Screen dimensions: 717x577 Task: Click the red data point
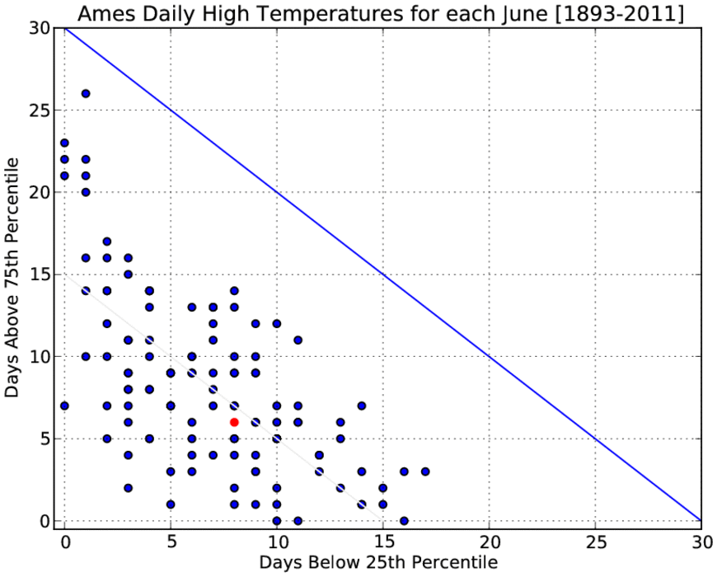coord(234,422)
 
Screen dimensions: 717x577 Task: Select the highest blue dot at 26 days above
coord(86,94)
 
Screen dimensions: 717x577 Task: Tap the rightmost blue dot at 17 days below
coord(425,471)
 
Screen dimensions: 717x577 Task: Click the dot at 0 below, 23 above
coord(64,143)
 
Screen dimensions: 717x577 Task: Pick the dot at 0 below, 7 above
coord(64,406)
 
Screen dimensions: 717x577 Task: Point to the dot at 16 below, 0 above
coord(404,521)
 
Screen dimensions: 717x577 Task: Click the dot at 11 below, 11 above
coord(298,340)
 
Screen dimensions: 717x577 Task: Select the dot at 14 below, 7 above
coord(362,406)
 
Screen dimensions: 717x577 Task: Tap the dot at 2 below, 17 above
coord(107,242)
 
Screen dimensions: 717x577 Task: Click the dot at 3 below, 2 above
coord(128,488)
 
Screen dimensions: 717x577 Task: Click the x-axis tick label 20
coord(489,542)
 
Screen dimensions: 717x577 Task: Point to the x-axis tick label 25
coord(595,542)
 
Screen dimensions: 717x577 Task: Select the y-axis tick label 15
coord(40,274)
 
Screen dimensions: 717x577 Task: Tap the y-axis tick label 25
coord(40,110)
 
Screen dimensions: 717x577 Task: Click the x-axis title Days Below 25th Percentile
coord(378,562)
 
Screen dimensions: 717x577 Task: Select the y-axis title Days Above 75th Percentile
coord(12,278)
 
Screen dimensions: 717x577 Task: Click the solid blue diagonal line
coord(382,274)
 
